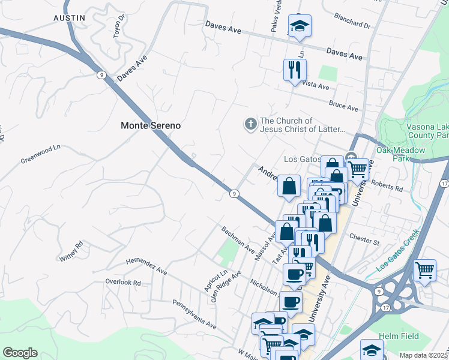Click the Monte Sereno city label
(x=151, y=126)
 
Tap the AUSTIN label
(x=69, y=18)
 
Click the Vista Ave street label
(x=316, y=86)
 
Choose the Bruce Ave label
(x=343, y=106)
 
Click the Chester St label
(x=364, y=242)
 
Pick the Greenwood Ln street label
(x=41, y=154)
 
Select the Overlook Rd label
(x=122, y=282)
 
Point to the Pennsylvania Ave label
(x=194, y=314)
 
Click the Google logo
(x=20, y=353)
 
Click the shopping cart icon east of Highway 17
(x=424, y=269)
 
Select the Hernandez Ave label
(x=146, y=266)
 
